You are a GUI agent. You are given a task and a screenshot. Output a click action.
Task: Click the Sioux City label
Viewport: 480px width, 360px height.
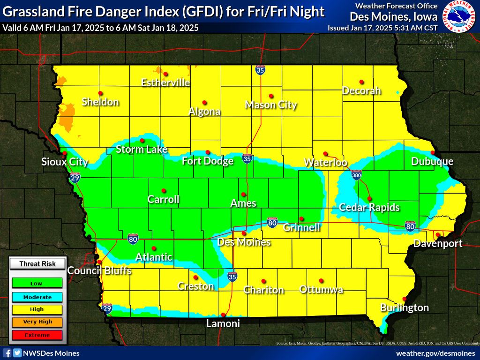pyautogui.click(x=65, y=162)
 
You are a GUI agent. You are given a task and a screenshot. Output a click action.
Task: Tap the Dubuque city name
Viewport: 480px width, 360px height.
pyautogui.click(x=432, y=161)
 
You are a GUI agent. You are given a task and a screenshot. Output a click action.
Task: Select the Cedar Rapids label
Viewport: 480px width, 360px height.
pyautogui.click(x=369, y=207)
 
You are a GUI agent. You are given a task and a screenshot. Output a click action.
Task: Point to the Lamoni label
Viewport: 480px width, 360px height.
pyautogui.click(x=223, y=323)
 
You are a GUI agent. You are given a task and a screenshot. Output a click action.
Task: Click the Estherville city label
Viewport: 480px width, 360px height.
pyautogui.click(x=165, y=82)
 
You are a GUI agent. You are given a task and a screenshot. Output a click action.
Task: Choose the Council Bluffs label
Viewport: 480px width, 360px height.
pyautogui.click(x=99, y=270)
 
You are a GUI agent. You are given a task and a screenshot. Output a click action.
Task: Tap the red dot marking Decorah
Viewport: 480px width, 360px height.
pyautogui.click(x=361, y=82)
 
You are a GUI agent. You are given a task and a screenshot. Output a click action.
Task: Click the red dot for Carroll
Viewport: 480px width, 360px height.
pyautogui.click(x=164, y=190)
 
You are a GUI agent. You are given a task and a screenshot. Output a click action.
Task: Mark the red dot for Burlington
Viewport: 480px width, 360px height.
pyautogui.click(x=405, y=299)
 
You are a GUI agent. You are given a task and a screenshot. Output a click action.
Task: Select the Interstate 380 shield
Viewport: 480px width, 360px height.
pyautogui.click(x=356, y=174)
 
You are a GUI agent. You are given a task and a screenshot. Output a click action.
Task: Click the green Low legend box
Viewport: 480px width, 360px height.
pyautogui.click(x=36, y=283)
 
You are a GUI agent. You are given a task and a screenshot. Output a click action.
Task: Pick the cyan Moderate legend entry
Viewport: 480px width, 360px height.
pyautogui.click(x=36, y=296)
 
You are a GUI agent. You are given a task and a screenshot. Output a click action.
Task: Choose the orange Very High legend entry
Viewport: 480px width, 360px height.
pyautogui.click(x=36, y=322)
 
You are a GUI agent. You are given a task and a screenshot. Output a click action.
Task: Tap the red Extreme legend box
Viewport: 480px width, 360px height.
pyautogui.click(x=36, y=335)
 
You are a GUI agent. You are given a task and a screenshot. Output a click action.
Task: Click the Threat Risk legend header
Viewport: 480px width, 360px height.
pyautogui.click(x=37, y=264)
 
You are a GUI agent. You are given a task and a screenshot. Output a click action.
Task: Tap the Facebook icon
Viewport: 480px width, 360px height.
pyautogui.click(x=7, y=353)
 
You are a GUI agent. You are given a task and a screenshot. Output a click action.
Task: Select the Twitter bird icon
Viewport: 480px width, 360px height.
pyautogui.click(x=17, y=353)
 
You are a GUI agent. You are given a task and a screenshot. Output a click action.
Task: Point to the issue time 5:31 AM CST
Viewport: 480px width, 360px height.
pyautogui.click(x=414, y=28)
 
